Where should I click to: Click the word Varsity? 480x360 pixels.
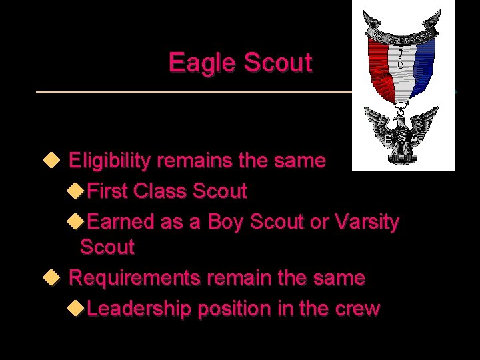coord(367,222)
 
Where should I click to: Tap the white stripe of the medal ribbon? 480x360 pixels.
coord(402,67)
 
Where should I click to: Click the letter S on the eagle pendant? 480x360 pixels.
coord(401,137)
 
